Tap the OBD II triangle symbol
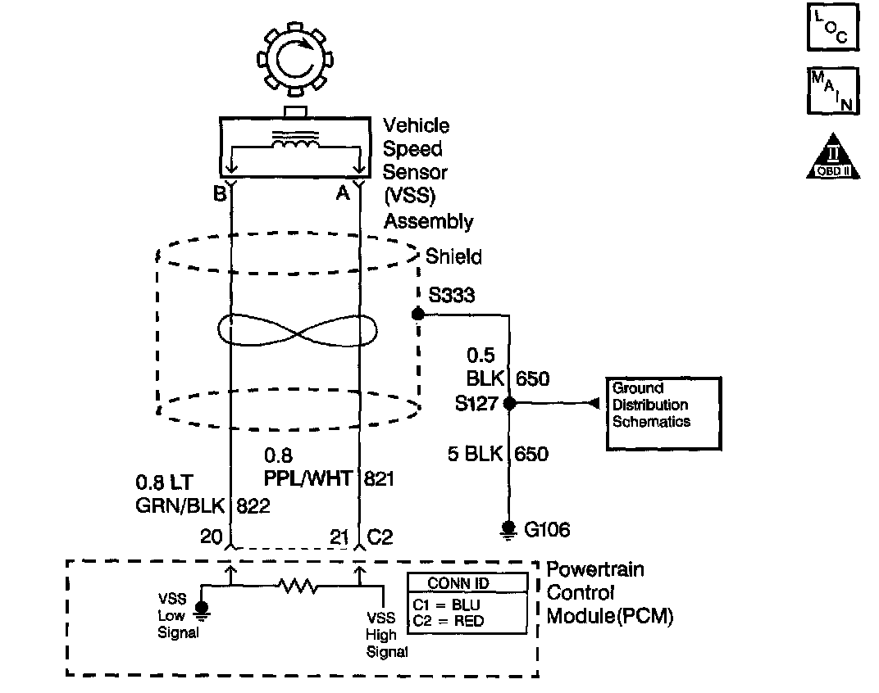pos(832,156)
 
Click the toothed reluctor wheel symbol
pos(293,60)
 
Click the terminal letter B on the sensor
pos(219,193)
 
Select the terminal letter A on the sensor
pos(343,193)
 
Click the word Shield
pos(453,256)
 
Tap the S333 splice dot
pos(417,314)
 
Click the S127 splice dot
pos(509,403)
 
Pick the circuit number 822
pos(253,505)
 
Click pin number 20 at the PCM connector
pos(212,537)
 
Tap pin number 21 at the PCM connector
pos(339,537)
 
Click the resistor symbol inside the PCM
pos(295,586)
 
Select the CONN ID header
pos(467,583)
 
